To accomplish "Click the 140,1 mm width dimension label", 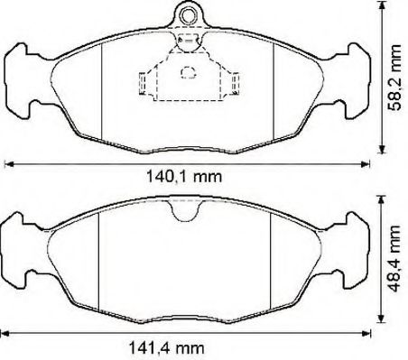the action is click(x=184, y=177).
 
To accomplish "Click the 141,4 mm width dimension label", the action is click(x=166, y=348).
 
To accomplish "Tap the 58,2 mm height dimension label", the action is click(x=394, y=78).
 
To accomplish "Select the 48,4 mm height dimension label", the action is click(x=394, y=259).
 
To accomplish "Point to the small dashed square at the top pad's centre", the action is click(x=189, y=72).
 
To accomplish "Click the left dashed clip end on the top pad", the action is click(x=143, y=83).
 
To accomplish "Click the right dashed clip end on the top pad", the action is click(x=235, y=83).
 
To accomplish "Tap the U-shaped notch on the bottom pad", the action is click(x=185, y=210).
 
